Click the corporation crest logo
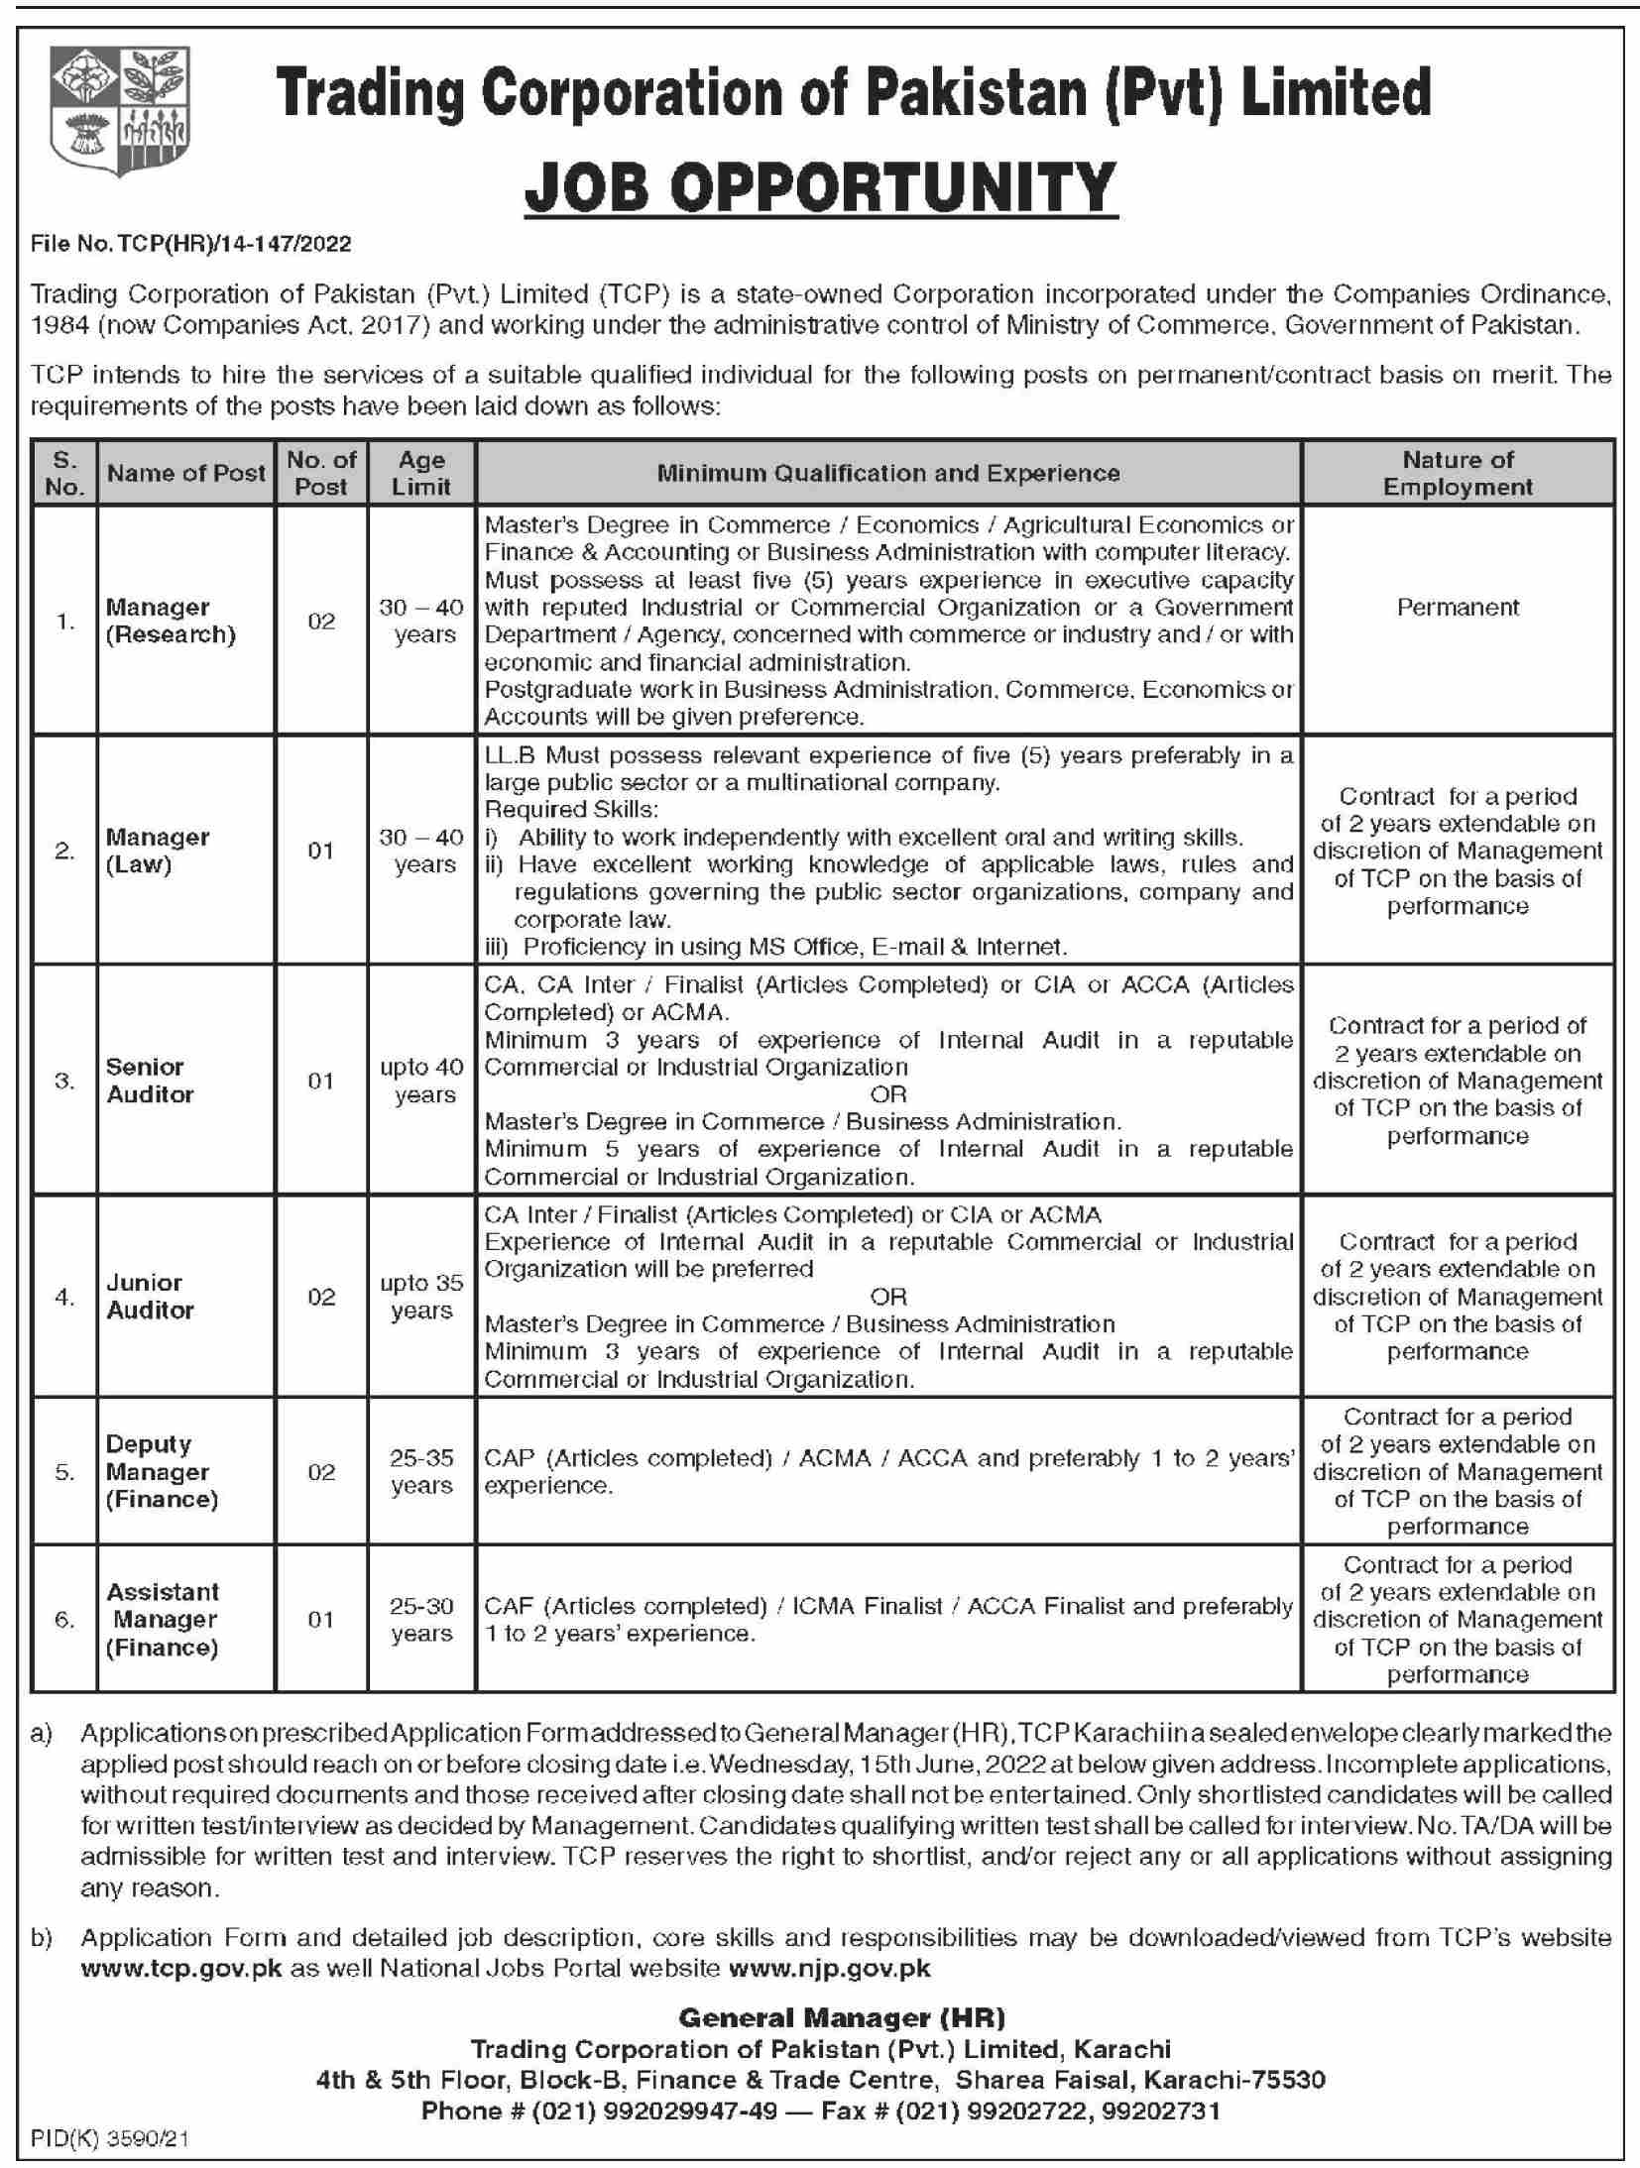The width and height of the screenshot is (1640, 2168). tap(121, 111)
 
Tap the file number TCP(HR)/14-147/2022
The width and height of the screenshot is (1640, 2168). tap(190, 243)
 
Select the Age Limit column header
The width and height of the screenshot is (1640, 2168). tap(421, 473)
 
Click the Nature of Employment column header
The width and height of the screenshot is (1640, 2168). tap(1457, 473)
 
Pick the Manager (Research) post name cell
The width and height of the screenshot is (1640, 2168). tap(171, 621)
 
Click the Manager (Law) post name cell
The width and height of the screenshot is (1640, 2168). tap(158, 851)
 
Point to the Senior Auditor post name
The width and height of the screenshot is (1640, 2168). tap(150, 1080)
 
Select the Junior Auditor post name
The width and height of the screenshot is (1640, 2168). tap(150, 1296)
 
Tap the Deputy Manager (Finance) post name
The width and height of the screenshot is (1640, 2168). tap(161, 1471)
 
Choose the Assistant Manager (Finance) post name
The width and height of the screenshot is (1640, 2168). tap(162, 1619)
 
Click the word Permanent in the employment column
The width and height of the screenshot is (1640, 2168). tap(1457, 607)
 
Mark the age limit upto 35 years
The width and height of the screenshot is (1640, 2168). tap(421, 1296)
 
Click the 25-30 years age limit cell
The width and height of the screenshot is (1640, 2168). tap(421, 1619)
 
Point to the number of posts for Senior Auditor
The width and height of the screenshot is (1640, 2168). tap(320, 1081)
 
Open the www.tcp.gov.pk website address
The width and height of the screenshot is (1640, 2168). tap(181, 1968)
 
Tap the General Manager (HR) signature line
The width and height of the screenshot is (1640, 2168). tap(841, 2017)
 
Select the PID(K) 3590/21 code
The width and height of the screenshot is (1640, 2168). tap(109, 2139)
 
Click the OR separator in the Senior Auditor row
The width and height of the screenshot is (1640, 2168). tap(887, 1094)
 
